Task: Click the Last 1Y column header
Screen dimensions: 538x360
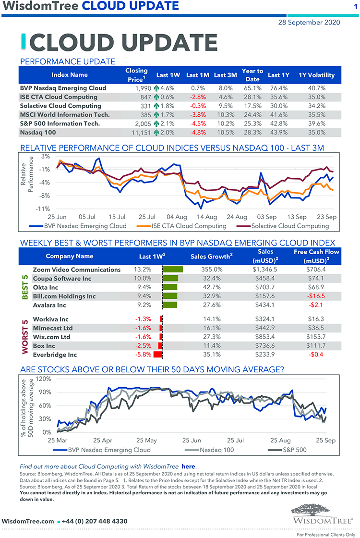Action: (x=278, y=75)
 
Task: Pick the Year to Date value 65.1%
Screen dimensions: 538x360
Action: (x=252, y=88)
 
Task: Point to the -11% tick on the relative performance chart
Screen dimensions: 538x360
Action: (x=44, y=208)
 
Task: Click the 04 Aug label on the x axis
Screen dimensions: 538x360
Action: (x=178, y=217)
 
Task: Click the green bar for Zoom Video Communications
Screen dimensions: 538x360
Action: (x=173, y=269)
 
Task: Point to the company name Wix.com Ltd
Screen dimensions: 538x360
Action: (x=51, y=337)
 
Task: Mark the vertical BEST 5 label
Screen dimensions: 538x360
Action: (x=25, y=287)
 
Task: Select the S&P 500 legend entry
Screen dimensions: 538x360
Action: (x=288, y=450)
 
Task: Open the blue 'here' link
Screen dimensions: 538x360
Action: (x=189, y=466)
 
